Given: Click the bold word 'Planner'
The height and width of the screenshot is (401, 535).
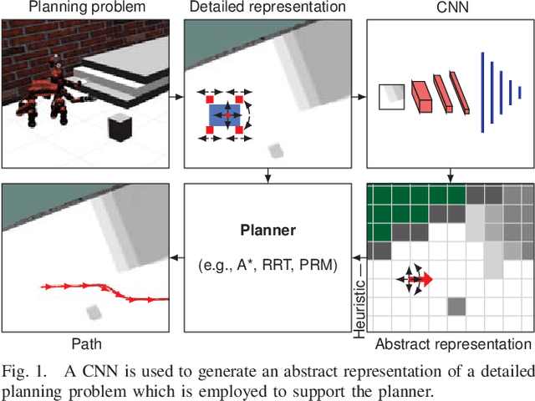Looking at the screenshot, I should pos(267,231).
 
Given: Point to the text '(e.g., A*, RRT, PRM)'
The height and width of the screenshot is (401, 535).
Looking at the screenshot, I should pos(267,266).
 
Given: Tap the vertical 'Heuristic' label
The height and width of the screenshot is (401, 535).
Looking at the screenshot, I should pos(360,302).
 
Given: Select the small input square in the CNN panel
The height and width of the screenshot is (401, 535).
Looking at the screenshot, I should pos(390,98).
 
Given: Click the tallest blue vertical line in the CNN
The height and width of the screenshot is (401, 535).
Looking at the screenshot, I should pos(481,92).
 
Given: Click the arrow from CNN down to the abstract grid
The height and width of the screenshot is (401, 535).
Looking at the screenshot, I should pos(450,175).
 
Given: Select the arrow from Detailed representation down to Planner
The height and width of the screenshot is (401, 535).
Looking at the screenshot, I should pos(267,175).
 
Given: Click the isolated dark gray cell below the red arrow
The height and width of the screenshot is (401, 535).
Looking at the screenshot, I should pos(456,307).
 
